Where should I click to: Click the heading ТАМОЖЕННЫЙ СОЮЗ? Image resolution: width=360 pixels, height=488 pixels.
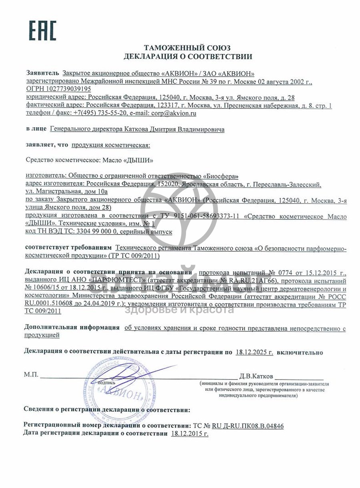187,48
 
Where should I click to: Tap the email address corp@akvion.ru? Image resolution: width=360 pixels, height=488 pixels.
174,113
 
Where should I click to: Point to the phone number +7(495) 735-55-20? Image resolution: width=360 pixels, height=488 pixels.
100,113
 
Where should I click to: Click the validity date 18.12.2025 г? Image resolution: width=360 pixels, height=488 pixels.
254,352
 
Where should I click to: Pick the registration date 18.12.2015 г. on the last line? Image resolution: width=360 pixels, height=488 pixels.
190,434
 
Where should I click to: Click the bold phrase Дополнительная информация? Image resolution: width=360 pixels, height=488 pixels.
72,327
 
